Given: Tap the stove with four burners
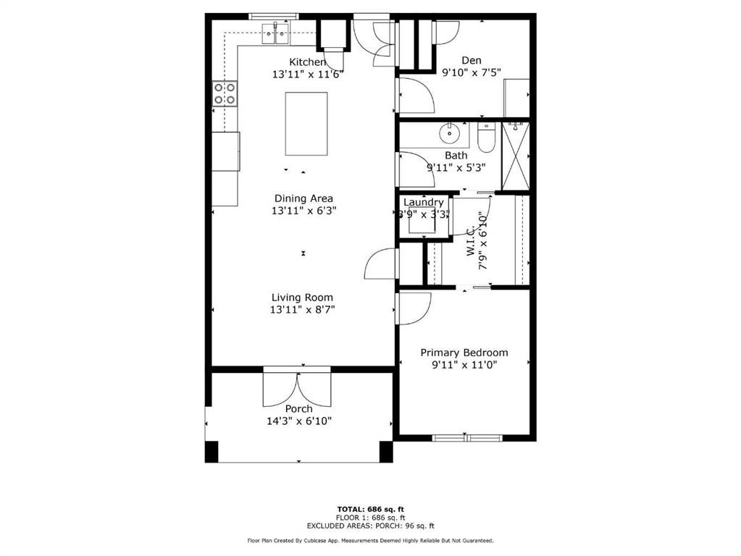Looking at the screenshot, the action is (225, 93).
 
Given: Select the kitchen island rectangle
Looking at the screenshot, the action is (306, 124).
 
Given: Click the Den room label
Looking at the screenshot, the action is (472, 61).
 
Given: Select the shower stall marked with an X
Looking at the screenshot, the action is (515, 156).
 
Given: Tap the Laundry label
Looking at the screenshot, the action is (424, 202).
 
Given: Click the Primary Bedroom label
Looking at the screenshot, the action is (464, 353).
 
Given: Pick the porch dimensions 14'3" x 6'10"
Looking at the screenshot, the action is (299, 421).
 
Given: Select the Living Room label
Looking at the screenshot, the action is (302, 298).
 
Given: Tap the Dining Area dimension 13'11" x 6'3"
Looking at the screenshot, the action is (303, 211).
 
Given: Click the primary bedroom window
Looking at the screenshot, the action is (467, 438).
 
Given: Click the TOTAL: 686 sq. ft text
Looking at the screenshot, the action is (371, 509).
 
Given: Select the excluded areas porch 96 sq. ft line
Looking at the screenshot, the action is (371, 526).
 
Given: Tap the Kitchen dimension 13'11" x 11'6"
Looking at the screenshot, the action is (307, 74).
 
